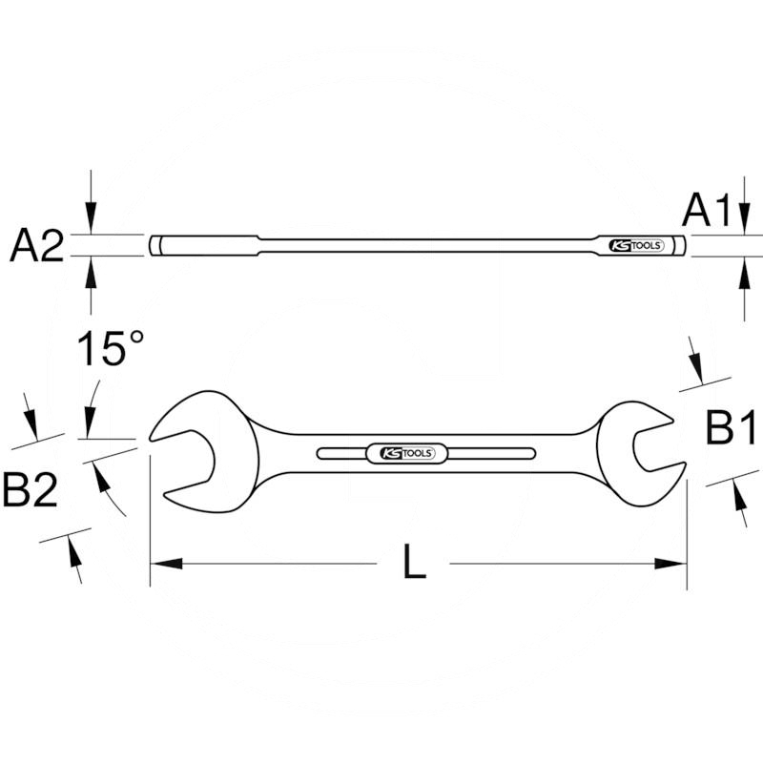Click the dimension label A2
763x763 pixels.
(x=36, y=246)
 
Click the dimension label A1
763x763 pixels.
(x=709, y=210)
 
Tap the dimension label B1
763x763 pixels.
(x=732, y=429)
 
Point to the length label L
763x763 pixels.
(x=413, y=564)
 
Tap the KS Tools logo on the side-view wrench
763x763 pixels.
(x=636, y=246)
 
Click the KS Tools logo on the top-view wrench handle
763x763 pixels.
(x=406, y=453)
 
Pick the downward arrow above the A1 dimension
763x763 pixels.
(x=744, y=215)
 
